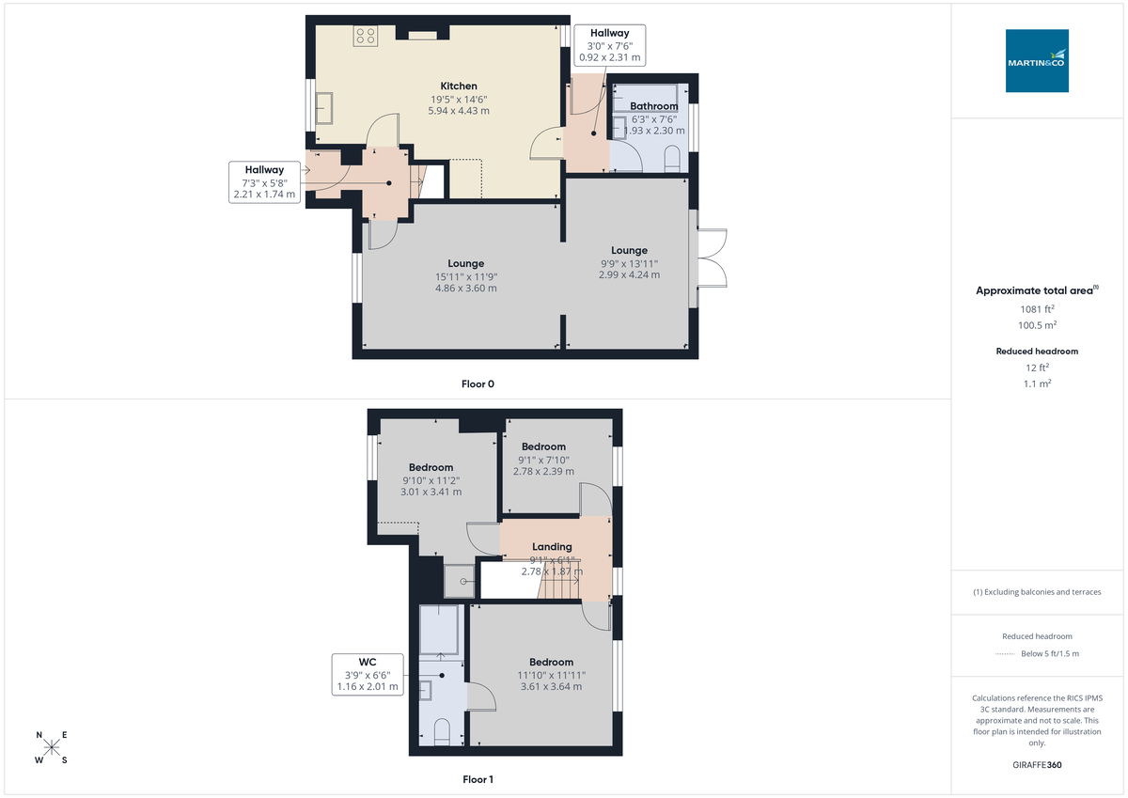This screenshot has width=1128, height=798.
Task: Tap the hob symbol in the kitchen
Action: click(x=365, y=36)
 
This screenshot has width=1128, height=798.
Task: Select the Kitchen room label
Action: click(x=459, y=86)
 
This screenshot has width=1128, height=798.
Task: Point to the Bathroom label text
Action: click(x=653, y=106)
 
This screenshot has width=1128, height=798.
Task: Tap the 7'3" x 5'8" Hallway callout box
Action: click(x=264, y=182)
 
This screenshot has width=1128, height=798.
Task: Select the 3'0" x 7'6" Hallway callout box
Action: click(x=609, y=45)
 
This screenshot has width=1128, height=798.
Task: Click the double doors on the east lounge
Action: click(x=712, y=258)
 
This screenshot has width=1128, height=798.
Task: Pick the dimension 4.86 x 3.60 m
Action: click(x=465, y=289)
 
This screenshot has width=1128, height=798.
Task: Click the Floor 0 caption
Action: click(x=478, y=383)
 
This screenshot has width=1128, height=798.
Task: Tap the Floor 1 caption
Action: click(x=478, y=779)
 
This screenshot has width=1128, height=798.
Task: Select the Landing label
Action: click(x=552, y=547)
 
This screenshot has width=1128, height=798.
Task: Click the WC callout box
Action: click(x=368, y=674)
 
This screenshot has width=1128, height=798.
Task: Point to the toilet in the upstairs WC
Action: click(x=442, y=732)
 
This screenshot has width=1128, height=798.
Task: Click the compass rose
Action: click(x=52, y=747)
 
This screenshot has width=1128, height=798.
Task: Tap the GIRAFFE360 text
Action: click(x=1037, y=765)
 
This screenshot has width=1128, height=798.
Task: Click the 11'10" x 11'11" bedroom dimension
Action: click(x=551, y=675)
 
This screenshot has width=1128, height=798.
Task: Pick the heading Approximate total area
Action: click(x=1034, y=290)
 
